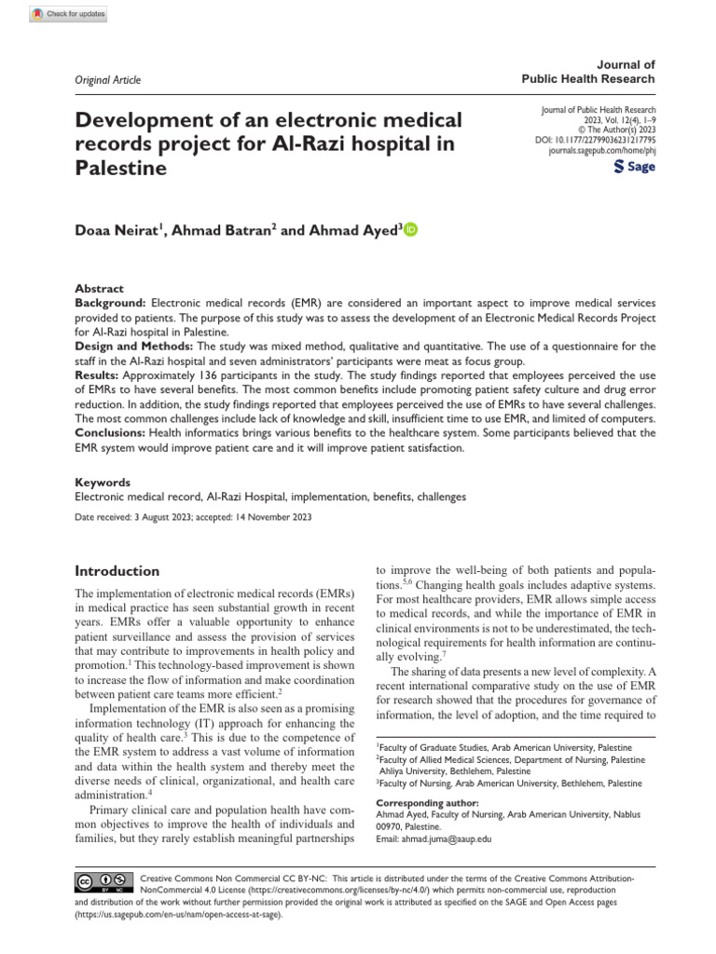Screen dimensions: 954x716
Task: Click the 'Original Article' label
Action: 108,80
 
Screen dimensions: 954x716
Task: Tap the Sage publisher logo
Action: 634,167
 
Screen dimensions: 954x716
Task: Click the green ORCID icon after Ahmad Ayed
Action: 411,229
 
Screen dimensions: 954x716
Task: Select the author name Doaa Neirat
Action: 118,230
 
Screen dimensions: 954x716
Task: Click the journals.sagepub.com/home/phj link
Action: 601,149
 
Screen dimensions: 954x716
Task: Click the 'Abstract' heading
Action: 98,289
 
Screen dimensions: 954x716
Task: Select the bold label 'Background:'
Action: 110,304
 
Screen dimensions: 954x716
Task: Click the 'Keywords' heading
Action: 103,483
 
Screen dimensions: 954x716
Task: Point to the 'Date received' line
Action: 193,517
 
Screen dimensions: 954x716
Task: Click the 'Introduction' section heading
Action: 117,570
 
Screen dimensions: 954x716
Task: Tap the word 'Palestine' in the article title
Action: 121,169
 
